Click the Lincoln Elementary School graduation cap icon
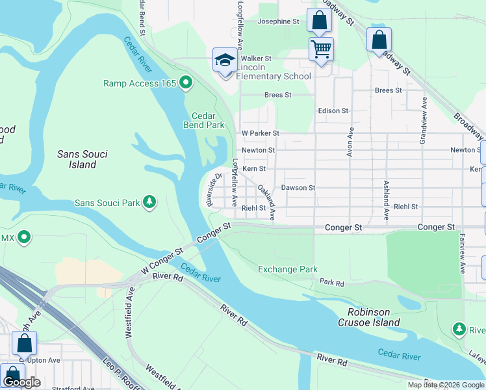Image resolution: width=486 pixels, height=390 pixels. pyautogui.click(x=225, y=60)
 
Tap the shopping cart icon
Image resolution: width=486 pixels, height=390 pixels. pyautogui.click(x=321, y=49)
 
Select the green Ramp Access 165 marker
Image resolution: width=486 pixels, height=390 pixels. pyautogui.click(x=186, y=83)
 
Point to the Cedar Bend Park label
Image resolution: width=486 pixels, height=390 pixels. pyautogui.click(x=204, y=120)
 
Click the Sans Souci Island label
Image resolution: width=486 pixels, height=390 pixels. pyautogui.click(x=82, y=159)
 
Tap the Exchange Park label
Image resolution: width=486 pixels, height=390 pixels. pyautogui.click(x=287, y=269)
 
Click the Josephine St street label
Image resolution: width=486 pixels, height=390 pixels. pyautogui.click(x=278, y=21)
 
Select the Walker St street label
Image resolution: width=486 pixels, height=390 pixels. pyautogui.click(x=256, y=58)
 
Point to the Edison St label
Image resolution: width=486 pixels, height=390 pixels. pyautogui.click(x=333, y=111)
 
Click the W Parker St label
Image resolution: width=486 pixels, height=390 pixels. pyautogui.click(x=260, y=133)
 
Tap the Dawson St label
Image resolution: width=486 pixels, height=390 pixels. pyautogui.click(x=298, y=188)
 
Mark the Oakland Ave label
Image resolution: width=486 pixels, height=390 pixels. pyautogui.click(x=267, y=201)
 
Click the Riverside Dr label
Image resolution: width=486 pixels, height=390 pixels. pyautogui.click(x=214, y=188)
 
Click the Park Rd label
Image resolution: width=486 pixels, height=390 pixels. pyautogui.click(x=332, y=281)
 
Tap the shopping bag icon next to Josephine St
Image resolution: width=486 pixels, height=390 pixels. pyautogui.click(x=319, y=20)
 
